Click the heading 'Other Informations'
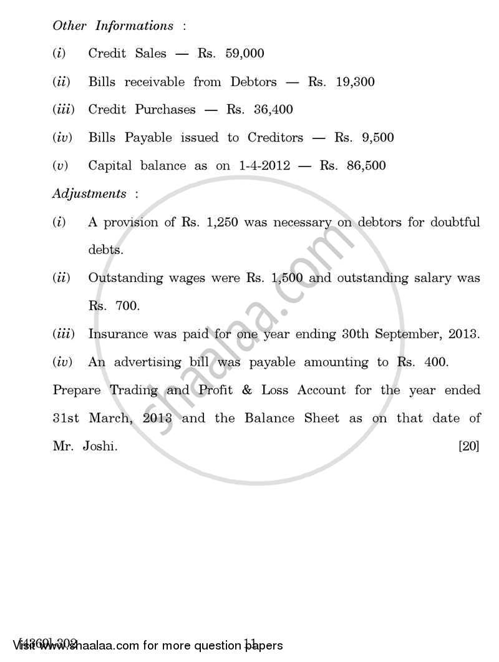[113, 26]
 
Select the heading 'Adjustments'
[89, 193]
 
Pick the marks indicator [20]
[468, 446]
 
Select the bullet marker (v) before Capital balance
[60, 166]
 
